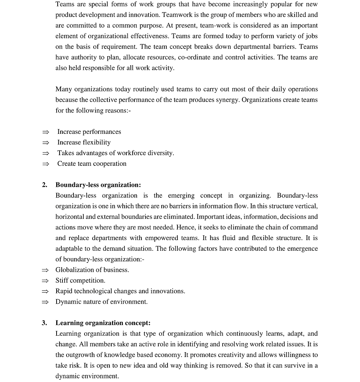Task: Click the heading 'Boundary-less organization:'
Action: pyautogui.click(x=98, y=185)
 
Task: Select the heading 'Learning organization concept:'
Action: pyautogui.click(x=103, y=323)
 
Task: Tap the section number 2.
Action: pyautogui.click(x=44, y=185)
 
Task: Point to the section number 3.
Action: pyautogui.click(x=44, y=323)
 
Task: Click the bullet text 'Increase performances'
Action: pyautogui.click(x=89, y=132)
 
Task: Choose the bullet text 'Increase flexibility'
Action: pyautogui.click(x=84, y=143)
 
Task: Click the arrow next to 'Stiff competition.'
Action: pyautogui.click(x=45, y=281)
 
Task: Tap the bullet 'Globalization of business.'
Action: pyautogui.click(x=92, y=270)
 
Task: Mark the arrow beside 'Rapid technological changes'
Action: pyautogui.click(x=45, y=292)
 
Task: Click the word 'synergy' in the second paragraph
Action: pyautogui.click(x=227, y=100)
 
